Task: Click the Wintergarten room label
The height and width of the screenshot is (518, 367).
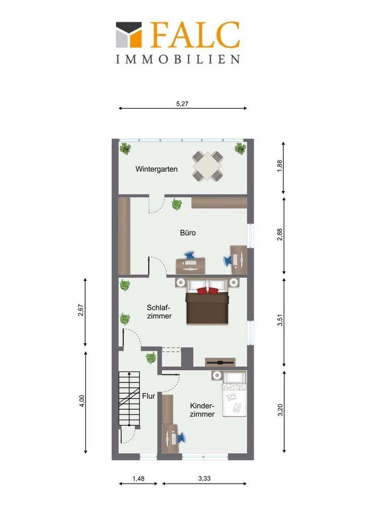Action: point(157,169)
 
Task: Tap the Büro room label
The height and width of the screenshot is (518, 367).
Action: point(188,233)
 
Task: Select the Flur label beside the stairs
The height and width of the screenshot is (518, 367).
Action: point(148,396)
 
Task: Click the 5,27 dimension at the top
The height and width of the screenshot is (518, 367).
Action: point(183,104)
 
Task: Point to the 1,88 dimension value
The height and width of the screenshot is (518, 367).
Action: point(280,166)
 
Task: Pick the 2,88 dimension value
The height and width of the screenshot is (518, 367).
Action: point(280,234)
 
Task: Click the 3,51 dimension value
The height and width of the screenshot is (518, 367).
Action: point(280,320)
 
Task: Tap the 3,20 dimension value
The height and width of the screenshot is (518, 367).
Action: point(280,410)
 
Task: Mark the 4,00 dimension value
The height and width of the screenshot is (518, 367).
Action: point(82,400)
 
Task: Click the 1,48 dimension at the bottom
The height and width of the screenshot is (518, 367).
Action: point(138,478)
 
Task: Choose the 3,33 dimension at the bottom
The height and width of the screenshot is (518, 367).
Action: point(205,478)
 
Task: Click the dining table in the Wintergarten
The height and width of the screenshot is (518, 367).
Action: point(208,166)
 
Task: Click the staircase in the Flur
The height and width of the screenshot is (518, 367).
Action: point(129,399)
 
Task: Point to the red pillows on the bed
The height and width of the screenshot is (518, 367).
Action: point(208,290)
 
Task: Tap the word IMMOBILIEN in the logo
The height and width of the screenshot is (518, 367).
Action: point(178,59)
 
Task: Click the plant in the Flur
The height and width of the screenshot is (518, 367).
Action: point(151,357)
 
